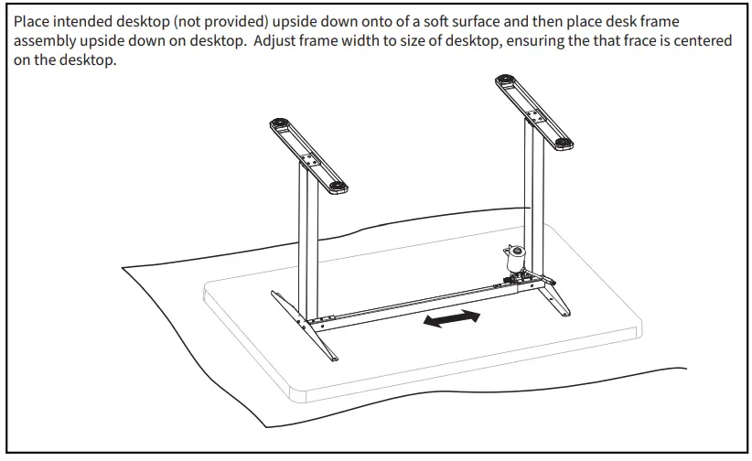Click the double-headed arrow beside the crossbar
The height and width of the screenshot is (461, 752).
[452, 320]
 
